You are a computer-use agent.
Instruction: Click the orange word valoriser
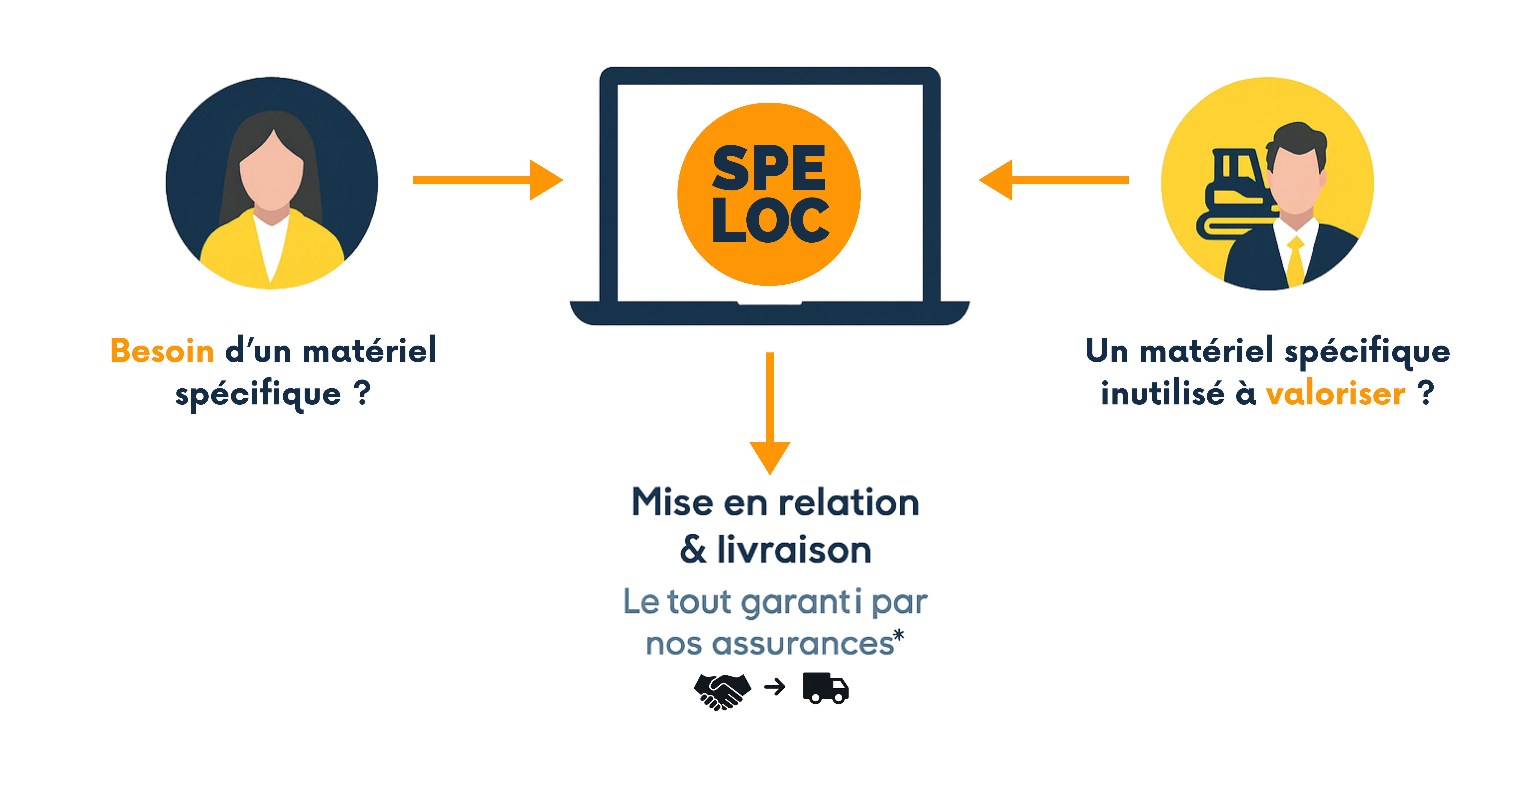pyautogui.click(x=1335, y=394)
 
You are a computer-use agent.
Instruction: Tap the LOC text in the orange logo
pyautogui.click(x=770, y=221)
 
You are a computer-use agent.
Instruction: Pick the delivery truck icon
pyautogui.click(x=826, y=689)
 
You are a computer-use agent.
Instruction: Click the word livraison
pyautogui.click(x=794, y=550)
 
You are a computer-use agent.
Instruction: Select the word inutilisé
pyautogui.click(x=1162, y=394)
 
